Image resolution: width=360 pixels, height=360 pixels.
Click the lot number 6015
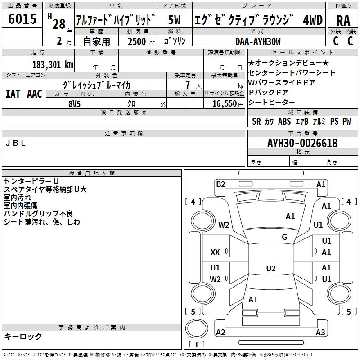coord(22,19)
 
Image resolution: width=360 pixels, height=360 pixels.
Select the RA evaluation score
coord(343,20)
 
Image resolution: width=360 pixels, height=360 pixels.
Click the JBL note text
coord(15,143)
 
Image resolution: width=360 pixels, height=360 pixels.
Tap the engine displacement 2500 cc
coord(136,41)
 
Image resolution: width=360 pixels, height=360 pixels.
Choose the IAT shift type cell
coord(13,94)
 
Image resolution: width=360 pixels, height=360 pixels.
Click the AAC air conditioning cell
coord(34,94)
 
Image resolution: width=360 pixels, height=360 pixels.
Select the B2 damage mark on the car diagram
coord(220,184)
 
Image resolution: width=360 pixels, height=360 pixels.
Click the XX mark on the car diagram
coord(216,252)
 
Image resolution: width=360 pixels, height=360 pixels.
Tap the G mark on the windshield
coord(284,237)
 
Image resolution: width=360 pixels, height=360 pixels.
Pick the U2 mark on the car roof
coord(270,269)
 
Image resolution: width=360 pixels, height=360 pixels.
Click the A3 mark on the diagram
coord(320,333)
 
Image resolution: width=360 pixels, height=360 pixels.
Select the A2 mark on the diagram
coord(220,333)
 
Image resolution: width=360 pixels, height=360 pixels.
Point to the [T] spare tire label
coord(196,345)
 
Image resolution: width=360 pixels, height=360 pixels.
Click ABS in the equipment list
coord(284,121)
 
